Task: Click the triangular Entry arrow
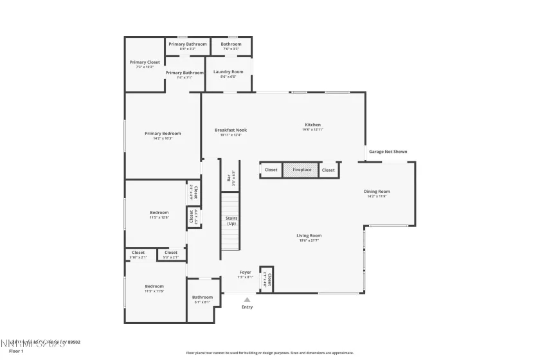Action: (x=247, y=299)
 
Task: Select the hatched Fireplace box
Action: (x=301, y=170)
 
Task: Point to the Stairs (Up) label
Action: (x=231, y=221)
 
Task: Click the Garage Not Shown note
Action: (x=388, y=152)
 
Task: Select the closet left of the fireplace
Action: (x=271, y=170)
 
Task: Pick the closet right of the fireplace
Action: (x=328, y=170)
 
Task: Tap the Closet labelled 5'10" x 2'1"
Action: (x=138, y=253)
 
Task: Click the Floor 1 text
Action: (x=16, y=351)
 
